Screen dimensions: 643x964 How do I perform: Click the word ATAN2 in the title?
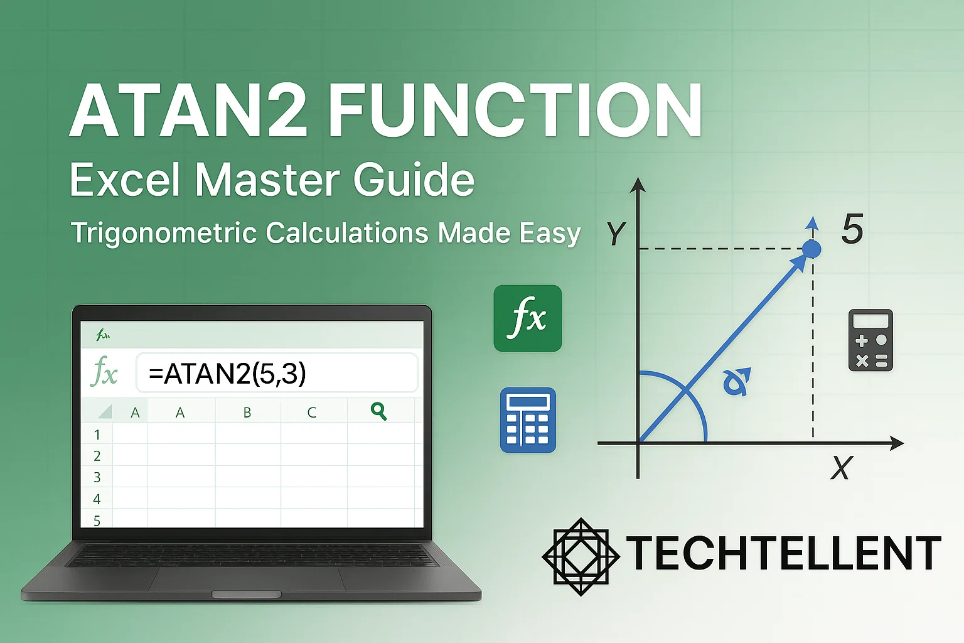(x=188, y=111)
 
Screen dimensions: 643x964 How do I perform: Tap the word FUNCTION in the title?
(x=515, y=111)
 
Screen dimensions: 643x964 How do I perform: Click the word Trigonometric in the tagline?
(x=164, y=233)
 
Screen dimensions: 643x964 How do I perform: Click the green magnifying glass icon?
(x=378, y=411)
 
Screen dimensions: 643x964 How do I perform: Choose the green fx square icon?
(x=527, y=318)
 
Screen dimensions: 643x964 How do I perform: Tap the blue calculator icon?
(x=528, y=420)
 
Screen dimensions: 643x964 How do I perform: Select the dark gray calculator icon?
(x=870, y=340)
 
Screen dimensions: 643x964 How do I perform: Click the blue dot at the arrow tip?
(x=811, y=249)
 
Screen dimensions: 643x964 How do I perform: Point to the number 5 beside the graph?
(x=852, y=229)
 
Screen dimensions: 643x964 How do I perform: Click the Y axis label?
(x=616, y=234)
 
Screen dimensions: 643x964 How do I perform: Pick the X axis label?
(x=841, y=468)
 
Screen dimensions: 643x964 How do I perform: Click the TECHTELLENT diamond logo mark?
(x=581, y=556)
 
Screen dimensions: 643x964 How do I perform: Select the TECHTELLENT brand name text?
(x=783, y=554)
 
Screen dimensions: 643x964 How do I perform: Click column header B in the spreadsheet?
(x=247, y=413)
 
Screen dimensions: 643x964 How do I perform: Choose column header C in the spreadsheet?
(x=312, y=413)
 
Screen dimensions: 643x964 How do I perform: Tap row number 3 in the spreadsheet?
(x=97, y=477)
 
